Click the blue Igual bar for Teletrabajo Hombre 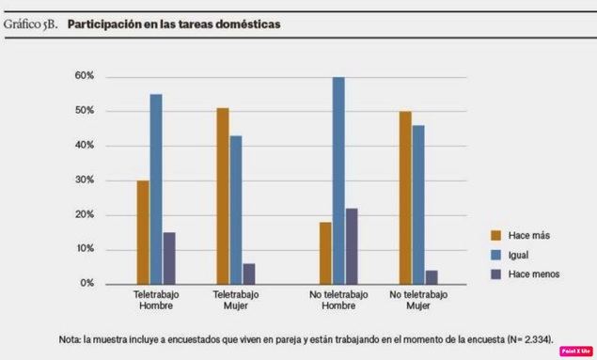click(156, 188)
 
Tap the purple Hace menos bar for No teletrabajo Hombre click(353, 245)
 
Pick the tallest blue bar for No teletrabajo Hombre click(338, 180)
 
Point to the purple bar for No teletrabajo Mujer click(432, 276)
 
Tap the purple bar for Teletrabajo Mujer click(249, 273)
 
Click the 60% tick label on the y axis click(84, 76)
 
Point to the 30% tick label click(84, 180)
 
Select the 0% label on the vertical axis click(86, 283)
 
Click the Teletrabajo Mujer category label click(236, 299)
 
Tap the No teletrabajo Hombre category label click(338, 299)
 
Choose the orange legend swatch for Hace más click(495, 235)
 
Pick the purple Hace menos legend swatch click(495, 273)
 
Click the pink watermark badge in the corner click(574, 351)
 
